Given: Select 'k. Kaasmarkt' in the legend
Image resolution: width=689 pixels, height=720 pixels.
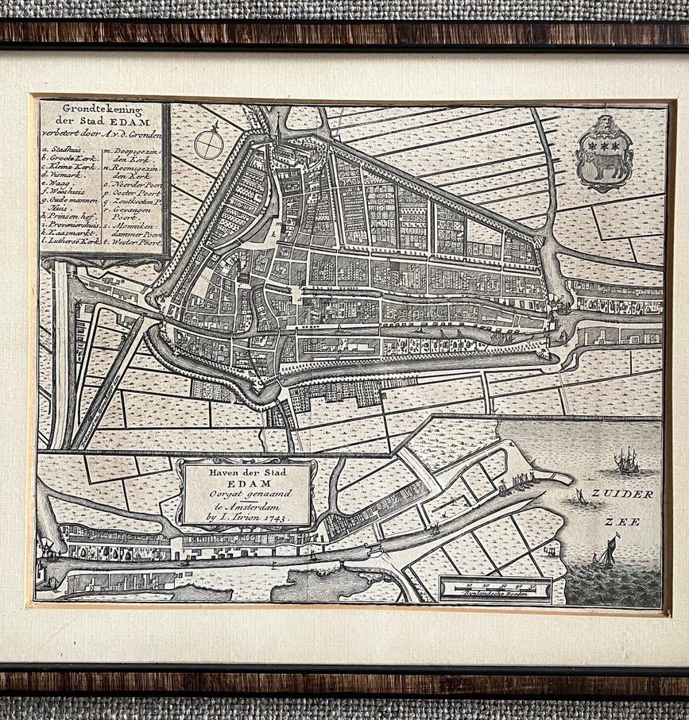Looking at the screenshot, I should coord(72,232).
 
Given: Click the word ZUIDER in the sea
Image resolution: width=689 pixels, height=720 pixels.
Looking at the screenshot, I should coord(633,494).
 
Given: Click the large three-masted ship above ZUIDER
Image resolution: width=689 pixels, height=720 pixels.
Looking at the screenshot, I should coord(626,460).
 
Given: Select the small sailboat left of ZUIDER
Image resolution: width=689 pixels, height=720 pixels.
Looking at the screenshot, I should coord(582,498).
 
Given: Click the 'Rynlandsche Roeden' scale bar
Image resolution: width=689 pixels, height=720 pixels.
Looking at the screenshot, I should coord(496,590).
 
